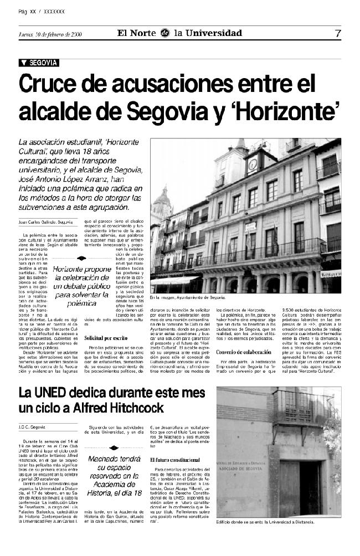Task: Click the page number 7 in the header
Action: [338, 33]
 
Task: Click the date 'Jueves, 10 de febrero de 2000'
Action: [50, 34]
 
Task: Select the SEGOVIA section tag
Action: [39, 63]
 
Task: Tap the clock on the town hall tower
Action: [253, 164]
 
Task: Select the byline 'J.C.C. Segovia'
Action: [32, 427]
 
